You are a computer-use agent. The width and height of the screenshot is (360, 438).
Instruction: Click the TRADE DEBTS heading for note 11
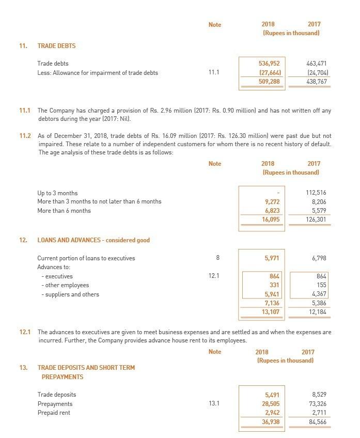point(56,46)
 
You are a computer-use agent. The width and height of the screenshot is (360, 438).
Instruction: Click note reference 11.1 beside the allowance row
point(214,72)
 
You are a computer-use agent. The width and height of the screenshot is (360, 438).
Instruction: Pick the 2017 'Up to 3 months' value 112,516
point(316,193)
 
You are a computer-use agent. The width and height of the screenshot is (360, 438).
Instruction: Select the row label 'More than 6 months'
point(64,210)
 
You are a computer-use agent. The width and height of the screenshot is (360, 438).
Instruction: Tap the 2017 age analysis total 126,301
point(316,219)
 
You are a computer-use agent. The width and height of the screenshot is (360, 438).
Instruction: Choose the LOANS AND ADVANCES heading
point(93,240)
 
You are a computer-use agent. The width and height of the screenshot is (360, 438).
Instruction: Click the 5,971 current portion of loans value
point(272,258)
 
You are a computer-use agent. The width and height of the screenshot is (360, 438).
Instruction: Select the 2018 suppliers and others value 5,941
point(272,294)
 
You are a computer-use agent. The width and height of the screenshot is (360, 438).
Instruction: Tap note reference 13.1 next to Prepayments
point(214,403)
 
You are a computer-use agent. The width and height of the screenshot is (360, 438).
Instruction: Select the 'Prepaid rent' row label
point(54,413)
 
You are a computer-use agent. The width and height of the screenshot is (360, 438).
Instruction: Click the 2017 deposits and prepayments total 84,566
point(316,421)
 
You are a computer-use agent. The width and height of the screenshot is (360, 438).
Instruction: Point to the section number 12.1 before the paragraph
point(25,332)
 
